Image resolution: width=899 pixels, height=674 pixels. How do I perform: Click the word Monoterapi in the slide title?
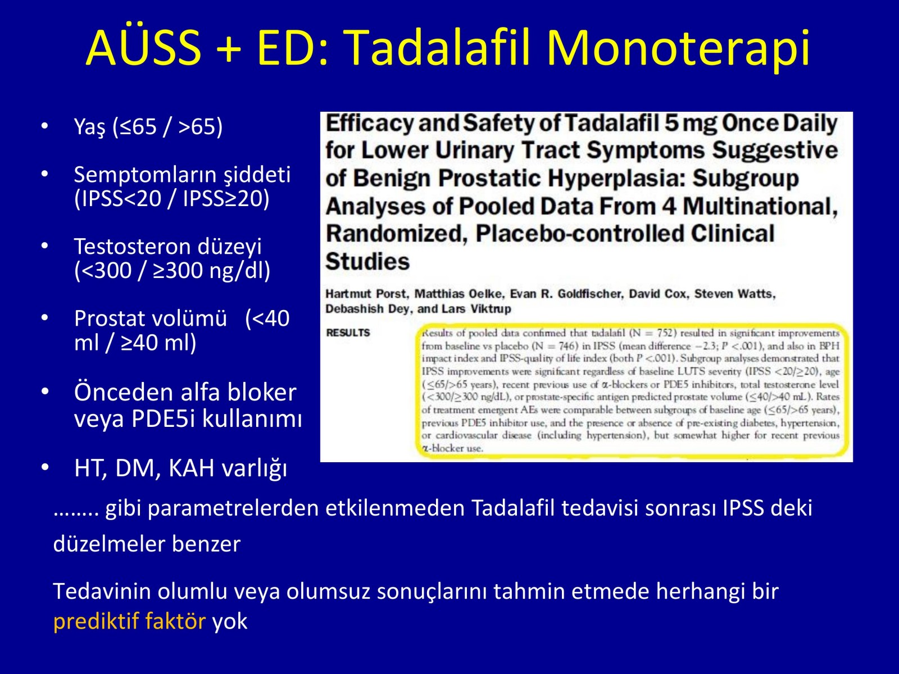tap(678, 48)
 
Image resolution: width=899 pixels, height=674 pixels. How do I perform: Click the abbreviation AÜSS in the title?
tap(144, 47)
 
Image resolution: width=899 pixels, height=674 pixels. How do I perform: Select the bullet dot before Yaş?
tap(44, 126)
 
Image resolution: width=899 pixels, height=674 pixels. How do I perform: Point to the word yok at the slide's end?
tap(230, 621)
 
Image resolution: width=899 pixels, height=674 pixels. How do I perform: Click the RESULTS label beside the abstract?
tap(348, 333)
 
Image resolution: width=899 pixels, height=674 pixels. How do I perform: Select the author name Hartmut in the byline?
tap(348, 294)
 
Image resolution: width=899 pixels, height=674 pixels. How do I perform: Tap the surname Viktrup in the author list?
tap(491, 309)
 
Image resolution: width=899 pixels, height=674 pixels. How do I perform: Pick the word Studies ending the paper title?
tap(367, 262)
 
